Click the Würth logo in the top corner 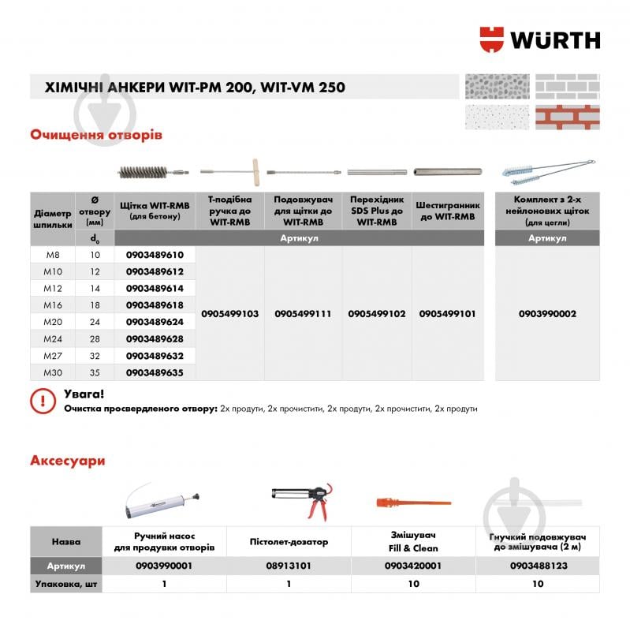tap(539, 39)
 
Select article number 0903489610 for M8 tap(155, 256)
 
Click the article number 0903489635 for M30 tap(155, 372)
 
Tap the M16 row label tap(52, 305)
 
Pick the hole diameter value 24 tap(95, 322)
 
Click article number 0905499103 tap(230, 314)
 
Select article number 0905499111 tap(303, 314)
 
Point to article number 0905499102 tap(377, 314)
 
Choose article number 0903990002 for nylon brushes tap(547, 314)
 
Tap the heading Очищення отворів tap(96, 135)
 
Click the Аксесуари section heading tap(68, 460)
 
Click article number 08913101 tap(289, 566)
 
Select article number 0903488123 tap(539, 566)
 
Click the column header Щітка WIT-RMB tap(155, 210)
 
